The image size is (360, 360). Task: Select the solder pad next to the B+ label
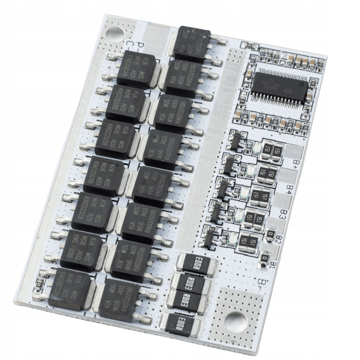pos(294,151)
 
